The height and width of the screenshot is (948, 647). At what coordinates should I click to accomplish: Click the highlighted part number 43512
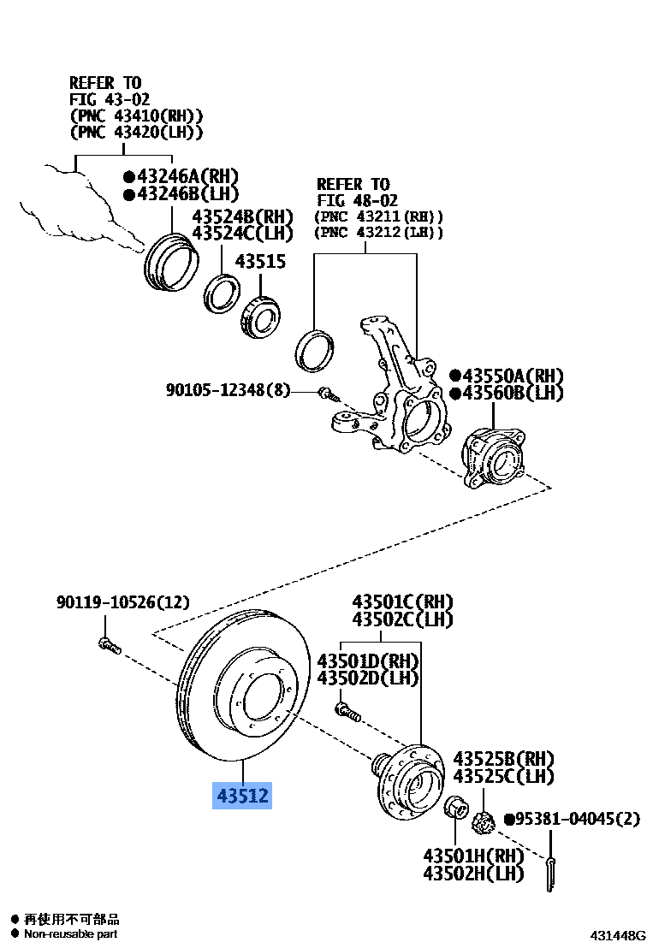click(x=242, y=796)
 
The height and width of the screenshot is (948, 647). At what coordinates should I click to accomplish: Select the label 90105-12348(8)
click(x=228, y=391)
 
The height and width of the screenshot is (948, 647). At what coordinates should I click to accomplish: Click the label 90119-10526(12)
click(x=122, y=603)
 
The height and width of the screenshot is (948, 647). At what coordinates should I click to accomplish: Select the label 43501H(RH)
click(x=472, y=855)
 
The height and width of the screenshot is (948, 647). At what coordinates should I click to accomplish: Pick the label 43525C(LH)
click(x=503, y=776)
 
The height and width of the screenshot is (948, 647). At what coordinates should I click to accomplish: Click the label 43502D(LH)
click(x=368, y=678)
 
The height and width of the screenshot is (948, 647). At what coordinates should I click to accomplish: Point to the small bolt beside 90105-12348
click(x=327, y=394)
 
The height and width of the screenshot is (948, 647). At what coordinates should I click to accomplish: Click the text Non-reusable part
click(x=70, y=934)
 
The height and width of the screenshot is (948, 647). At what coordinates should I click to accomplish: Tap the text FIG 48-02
click(x=353, y=200)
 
